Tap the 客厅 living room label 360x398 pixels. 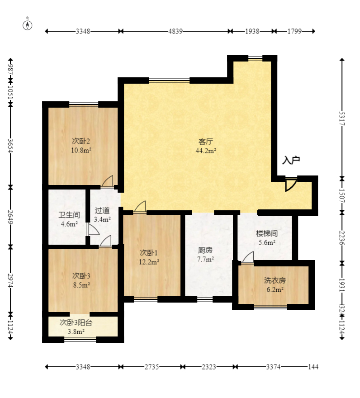[206, 142]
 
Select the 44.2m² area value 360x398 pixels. [206, 151]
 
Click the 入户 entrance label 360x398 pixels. [291, 160]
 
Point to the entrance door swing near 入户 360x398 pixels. [290, 185]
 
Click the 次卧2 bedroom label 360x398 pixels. [81, 141]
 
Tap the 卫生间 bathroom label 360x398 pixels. [69, 215]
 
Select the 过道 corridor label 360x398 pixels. [102, 210]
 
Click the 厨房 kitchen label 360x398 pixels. [205, 250]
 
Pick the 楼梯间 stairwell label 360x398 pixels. [267, 233]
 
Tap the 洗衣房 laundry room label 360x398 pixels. [275, 280]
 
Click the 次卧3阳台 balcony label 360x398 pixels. [76, 322]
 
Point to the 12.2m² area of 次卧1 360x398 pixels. [149, 262]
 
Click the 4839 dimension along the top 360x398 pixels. [175, 31]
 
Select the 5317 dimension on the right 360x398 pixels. [342, 118]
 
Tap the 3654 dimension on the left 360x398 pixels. [10, 146]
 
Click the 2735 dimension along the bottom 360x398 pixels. [152, 367]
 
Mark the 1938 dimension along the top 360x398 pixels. [252, 31]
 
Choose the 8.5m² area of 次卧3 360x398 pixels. [81, 285]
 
